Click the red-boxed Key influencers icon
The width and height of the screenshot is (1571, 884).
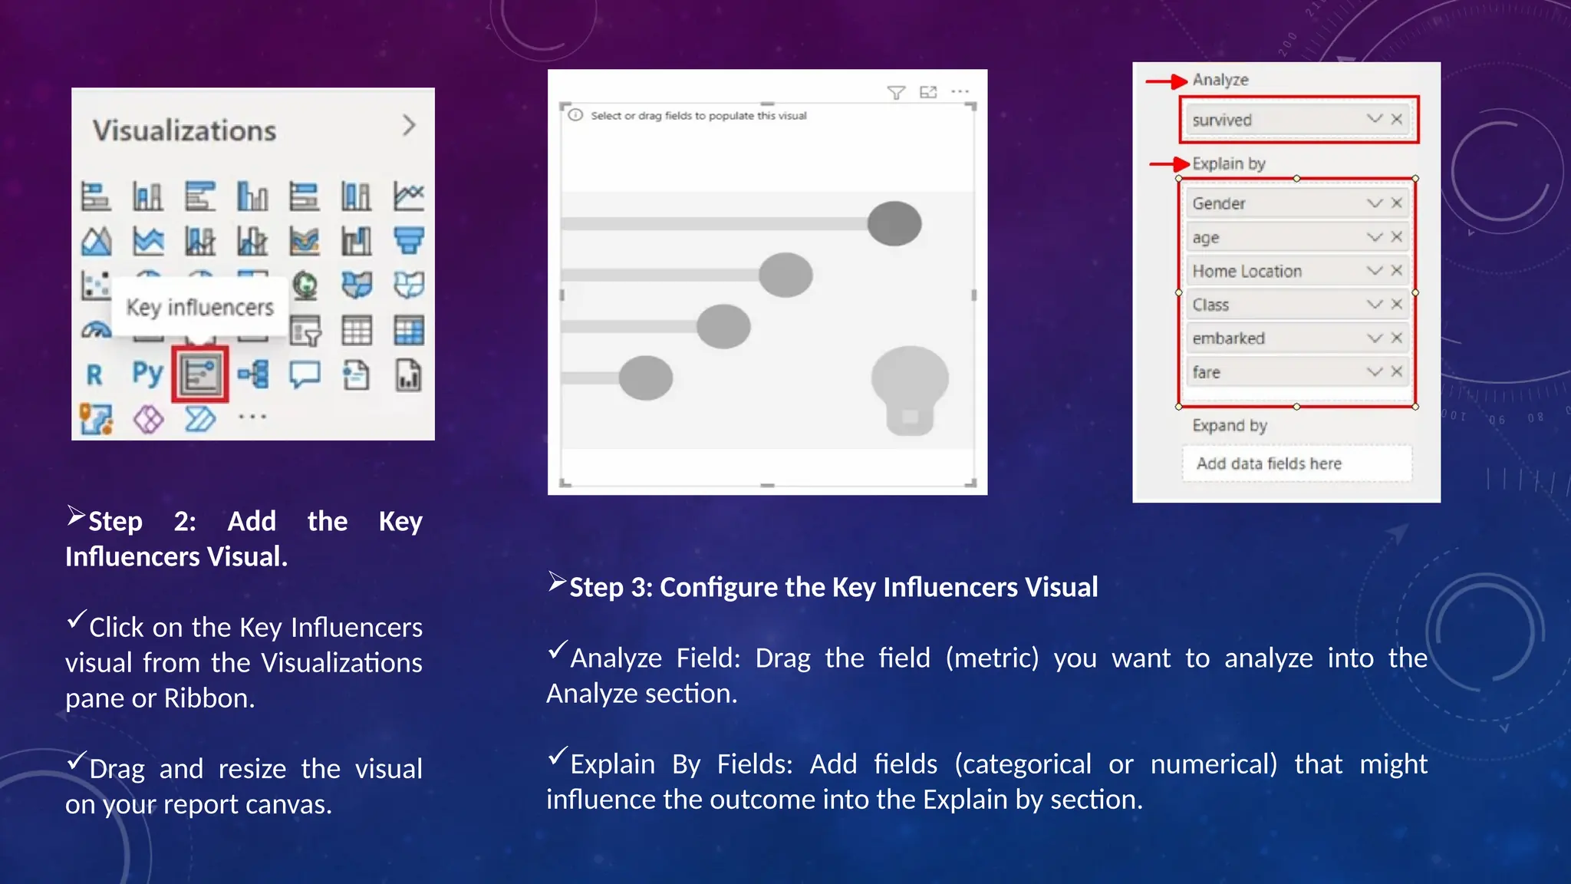pos(200,374)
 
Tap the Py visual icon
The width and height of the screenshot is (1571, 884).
pos(147,374)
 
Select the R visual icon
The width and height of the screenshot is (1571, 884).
pos(94,375)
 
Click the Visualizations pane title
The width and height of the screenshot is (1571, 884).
pos(184,130)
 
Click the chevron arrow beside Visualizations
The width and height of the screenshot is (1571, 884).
pos(409,126)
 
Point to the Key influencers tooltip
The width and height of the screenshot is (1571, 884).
pos(199,308)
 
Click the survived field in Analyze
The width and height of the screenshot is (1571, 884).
pos(1273,120)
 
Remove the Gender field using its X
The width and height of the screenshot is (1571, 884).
pos(1397,203)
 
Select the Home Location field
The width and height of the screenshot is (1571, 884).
pos(1273,271)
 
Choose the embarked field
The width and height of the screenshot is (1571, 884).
pos(1273,338)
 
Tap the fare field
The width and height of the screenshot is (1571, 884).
pos(1273,372)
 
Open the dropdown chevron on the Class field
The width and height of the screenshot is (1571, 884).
pos(1374,305)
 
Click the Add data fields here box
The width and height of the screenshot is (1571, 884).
pos(1296,463)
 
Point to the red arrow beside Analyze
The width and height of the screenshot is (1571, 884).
pos(1167,81)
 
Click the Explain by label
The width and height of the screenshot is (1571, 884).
pos(1228,163)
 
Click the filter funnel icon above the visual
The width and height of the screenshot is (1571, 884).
pos(895,93)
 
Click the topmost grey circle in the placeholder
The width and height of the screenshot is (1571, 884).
pos(894,223)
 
